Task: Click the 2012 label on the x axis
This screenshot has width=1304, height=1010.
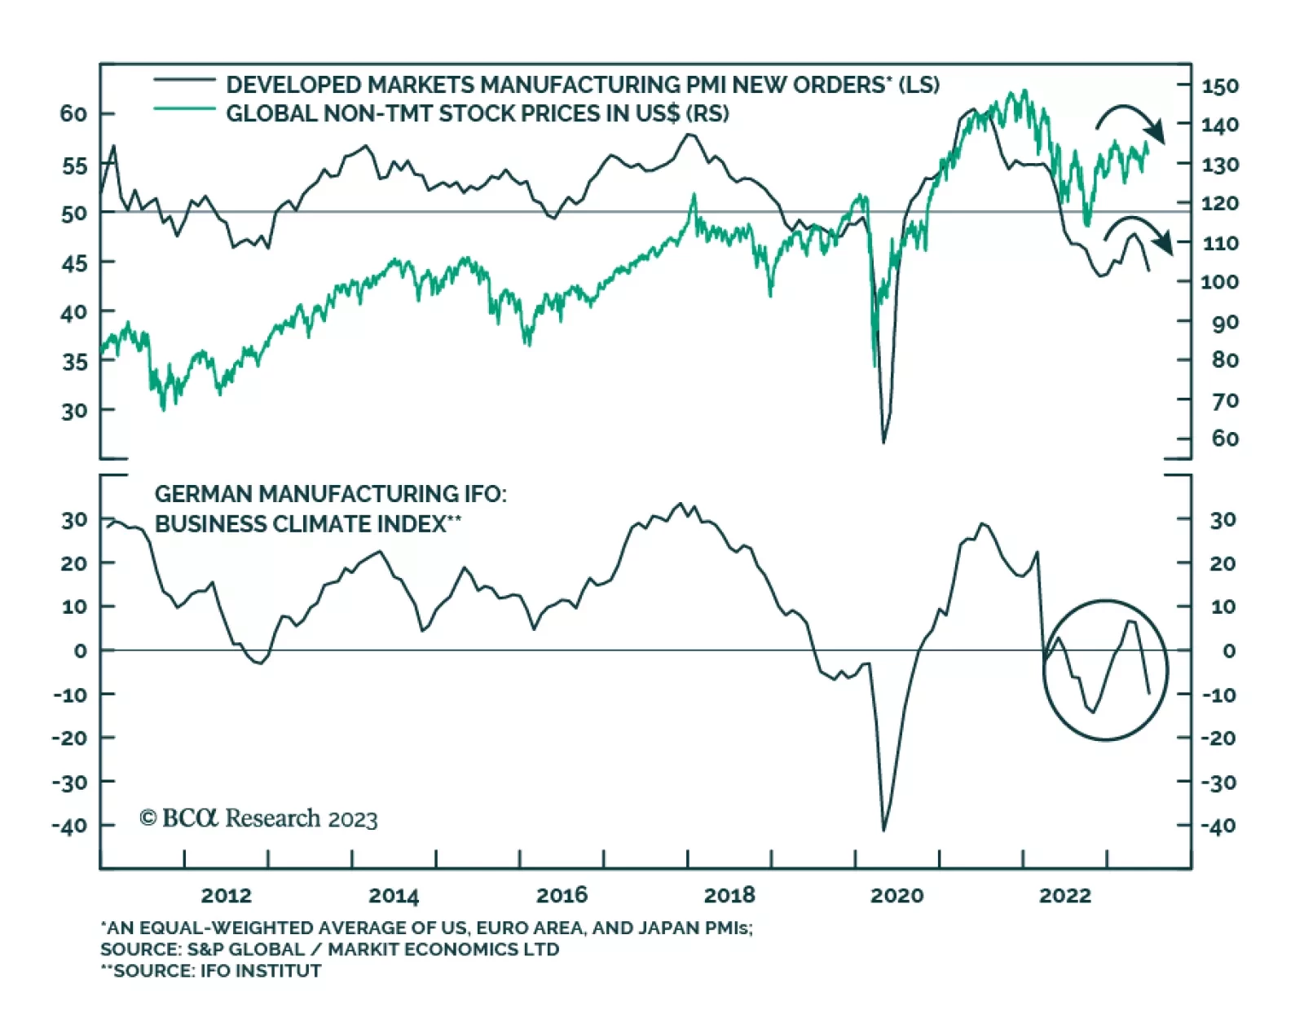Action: click(226, 895)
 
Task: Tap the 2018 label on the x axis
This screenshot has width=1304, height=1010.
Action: click(729, 895)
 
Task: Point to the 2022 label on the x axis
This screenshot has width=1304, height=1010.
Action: click(1064, 895)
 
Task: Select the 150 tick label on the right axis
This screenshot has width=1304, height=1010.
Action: click(1219, 86)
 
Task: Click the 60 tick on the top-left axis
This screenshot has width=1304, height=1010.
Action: click(73, 113)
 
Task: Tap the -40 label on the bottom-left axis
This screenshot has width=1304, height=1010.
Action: click(70, 826)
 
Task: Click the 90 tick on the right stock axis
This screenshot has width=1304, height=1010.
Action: click(1224, 322)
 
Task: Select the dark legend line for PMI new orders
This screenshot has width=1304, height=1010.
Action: click(184, 80)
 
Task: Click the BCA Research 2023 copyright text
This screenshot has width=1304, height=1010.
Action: click(258, 818)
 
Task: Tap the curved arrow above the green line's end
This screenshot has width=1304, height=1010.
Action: click(1130, 120)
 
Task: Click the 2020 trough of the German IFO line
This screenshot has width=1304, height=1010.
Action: click(884, 830)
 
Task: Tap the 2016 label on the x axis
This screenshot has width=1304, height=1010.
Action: click(562, 895)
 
